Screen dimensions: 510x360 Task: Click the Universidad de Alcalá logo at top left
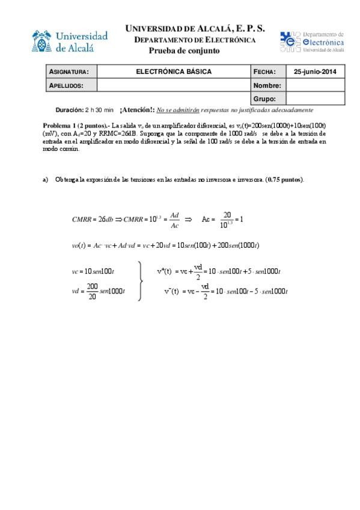click(x=70, y=41)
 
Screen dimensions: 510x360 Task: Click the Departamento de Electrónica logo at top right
click(x=311, y=42)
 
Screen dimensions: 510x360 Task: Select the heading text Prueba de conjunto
click(x=184, y=51)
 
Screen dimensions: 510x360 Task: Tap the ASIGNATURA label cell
click(x=72, y=72)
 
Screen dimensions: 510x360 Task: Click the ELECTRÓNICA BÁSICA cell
click(x=174, y=72)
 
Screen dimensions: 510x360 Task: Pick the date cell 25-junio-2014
click(x=315, y=72)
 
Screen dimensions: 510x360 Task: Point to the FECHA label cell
click(x=268, y=72)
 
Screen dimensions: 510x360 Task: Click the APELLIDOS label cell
click(x=72, y=85)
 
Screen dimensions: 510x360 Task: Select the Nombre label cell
click(x=268, y=85)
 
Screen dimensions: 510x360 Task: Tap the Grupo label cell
click(x=268, y=99)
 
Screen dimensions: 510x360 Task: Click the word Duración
click(x=69, y=111)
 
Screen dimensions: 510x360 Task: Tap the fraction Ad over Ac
click(x=175, y=220)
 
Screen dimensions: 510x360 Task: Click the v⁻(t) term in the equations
click(x=172, y=291)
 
